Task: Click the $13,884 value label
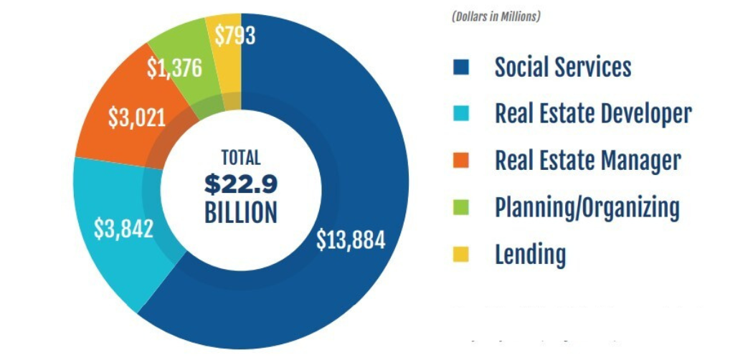[351, 240]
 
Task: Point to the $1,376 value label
[174, 68]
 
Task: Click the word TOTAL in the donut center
[240, 158]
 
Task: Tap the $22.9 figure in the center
[240, 184]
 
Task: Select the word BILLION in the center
[240, 213]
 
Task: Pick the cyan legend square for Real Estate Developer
[461, 114]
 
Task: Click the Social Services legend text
[562, 67]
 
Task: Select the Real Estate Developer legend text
[592, 114]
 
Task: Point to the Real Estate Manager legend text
[587, 161]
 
